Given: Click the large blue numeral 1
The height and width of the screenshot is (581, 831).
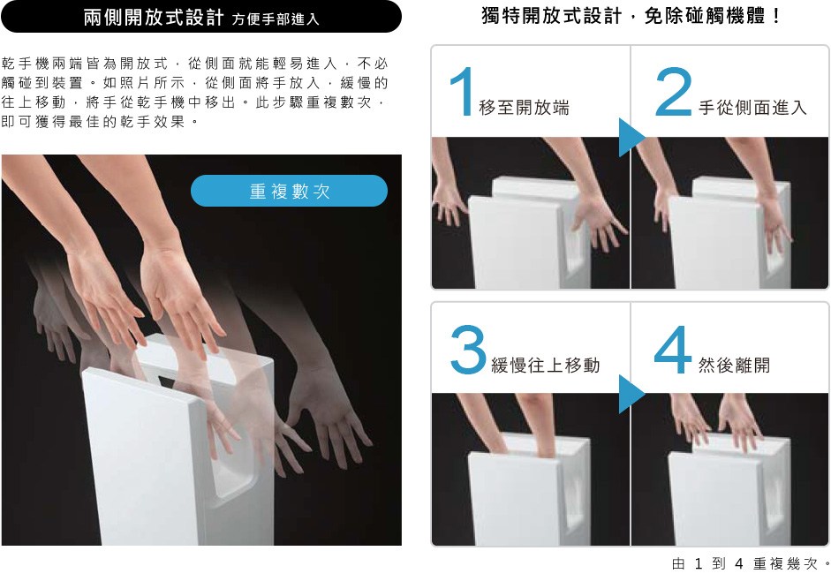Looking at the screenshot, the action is coord(462,91).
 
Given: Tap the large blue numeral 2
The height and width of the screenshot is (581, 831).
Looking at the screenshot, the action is coord(673,91).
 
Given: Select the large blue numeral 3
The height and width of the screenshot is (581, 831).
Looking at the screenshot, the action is coord(469,350).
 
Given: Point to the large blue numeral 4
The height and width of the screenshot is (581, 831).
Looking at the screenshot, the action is coord(673,350).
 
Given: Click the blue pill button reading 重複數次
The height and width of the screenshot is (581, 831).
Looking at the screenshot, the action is coord(289,191).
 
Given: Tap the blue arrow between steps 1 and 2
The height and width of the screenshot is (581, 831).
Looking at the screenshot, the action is coord(631,137).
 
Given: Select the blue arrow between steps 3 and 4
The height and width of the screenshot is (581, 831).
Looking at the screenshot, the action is coord(631,395).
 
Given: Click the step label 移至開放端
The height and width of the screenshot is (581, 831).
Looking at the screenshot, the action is coord(524,108).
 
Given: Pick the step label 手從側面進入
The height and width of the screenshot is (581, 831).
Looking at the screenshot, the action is coord(752,108).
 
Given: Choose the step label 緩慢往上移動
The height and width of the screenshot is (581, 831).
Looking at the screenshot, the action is coord(546,366).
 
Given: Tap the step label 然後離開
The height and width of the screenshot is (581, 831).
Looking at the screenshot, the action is coord(734,366).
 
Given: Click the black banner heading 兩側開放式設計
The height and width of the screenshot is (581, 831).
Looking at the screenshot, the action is coord(154,18).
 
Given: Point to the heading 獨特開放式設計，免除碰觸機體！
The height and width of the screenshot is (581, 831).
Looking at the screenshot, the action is coord(631,16).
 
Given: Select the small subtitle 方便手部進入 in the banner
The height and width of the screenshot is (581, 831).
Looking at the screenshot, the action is coord(276,19).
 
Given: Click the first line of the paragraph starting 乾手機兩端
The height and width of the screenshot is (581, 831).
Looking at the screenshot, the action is coord(194,64).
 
